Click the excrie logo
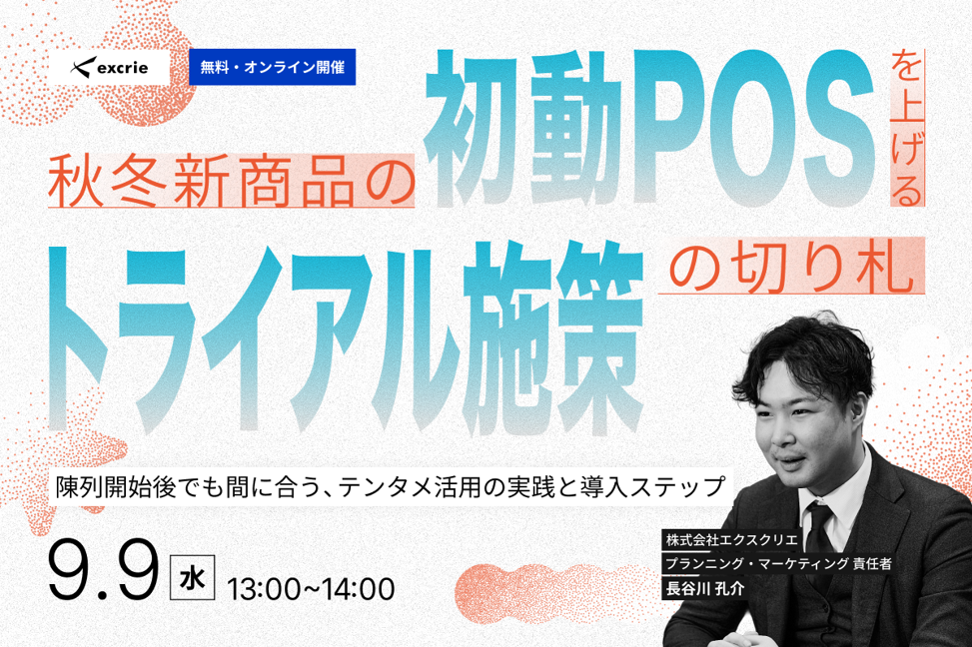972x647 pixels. pos(110,67)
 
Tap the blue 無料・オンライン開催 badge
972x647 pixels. pos(272,67)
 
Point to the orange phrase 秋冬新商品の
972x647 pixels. pos(231,181)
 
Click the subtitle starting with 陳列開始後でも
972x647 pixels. pos(392,486)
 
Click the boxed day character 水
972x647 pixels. pos(193,578)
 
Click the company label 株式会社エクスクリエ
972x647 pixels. pos(731,539)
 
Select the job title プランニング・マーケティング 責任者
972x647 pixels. pos(778,563)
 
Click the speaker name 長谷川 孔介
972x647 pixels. pos(705,588)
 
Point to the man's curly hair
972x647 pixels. pos(805,359)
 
